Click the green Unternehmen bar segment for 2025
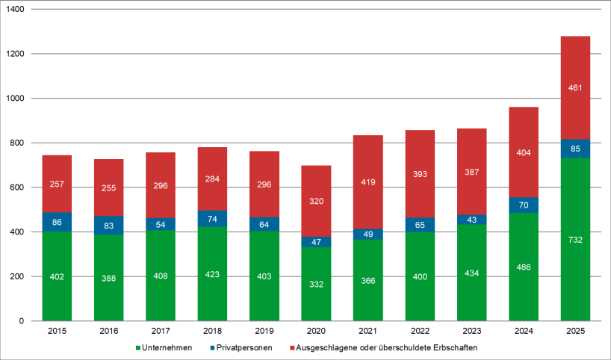point(574,240)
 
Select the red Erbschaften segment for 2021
point(367,181)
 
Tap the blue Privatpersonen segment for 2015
point(57,222)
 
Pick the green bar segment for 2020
point(316,284)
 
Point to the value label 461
point(574,88)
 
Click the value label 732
point(574,240)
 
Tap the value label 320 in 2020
point(316,201)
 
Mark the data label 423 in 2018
point(212,274)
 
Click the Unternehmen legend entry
point(164,347)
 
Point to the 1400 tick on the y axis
point(16,10)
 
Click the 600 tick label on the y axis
point(19,187)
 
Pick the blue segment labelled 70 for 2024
point(523,205)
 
